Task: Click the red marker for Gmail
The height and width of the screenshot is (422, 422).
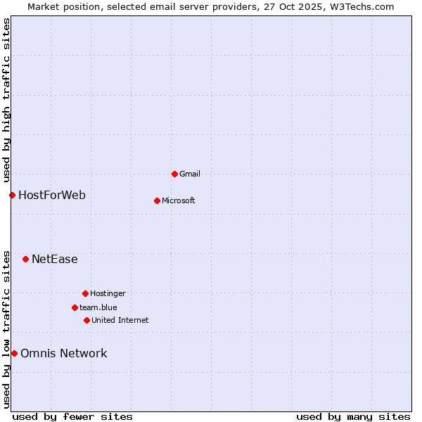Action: click(x=174, y=174)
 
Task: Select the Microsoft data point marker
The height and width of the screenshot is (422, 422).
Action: click(x=157, y=200)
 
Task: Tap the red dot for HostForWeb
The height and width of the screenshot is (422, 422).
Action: click(x=12, y=195)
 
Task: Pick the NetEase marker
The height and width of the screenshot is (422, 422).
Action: click(x=25, y=259)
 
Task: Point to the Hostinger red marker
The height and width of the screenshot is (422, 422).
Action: click(x=85, y=293)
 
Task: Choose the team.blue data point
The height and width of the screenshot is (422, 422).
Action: click(x=75, y=307)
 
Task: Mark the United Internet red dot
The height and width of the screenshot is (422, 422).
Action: click(x=87, y=320)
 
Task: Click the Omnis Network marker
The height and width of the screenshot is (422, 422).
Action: click(x=14, y=353)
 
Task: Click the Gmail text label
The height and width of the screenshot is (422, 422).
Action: click(x=190, y=174)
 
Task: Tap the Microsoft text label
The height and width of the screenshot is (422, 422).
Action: click(x=179, y=200)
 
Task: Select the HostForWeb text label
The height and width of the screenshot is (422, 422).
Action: click(x=52, y=195)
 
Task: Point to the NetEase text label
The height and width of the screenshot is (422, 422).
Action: click(x=55, y=259)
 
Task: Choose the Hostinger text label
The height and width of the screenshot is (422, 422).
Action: click(x=108, y=293)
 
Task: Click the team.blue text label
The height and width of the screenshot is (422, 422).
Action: click(x=98, y=307)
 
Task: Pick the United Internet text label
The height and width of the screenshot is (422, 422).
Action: click(x=120, y=320)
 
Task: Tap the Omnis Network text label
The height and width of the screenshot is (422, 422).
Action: click(x=64, y=353)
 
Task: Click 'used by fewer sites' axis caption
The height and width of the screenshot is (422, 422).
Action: click(x=72, y=416)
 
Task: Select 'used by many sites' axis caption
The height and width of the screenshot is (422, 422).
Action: click(x=353, y=416)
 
